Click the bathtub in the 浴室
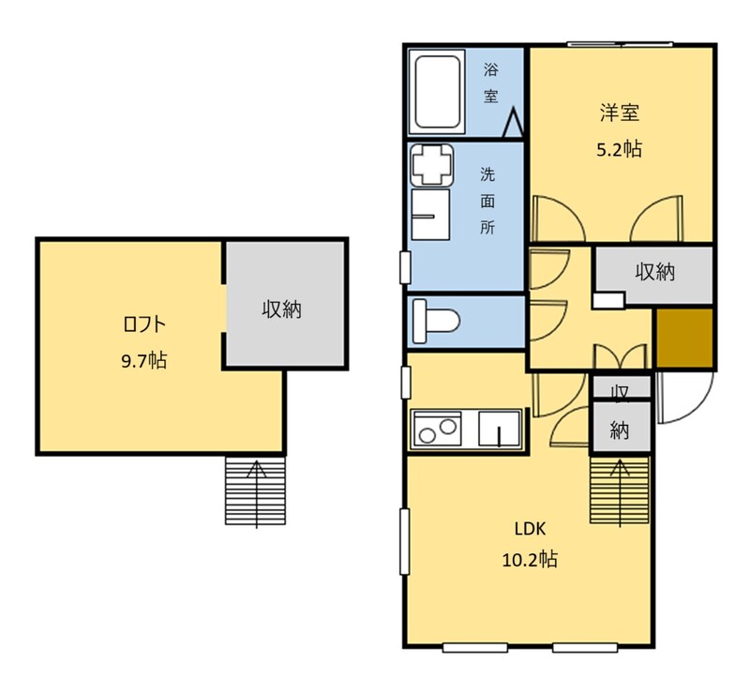437,92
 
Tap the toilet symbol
436,321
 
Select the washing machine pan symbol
432,165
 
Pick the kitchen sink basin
500,429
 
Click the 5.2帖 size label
619,150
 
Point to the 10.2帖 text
530,559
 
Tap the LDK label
530,529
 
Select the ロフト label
144,324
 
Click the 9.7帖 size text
144,360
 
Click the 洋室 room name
620,113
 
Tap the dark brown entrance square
684,338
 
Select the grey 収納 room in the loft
286,304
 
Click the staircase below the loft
255,490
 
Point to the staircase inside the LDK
620,490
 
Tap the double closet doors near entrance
621,356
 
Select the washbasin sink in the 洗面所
430,215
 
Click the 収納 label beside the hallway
654,272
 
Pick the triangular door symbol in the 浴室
513,123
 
